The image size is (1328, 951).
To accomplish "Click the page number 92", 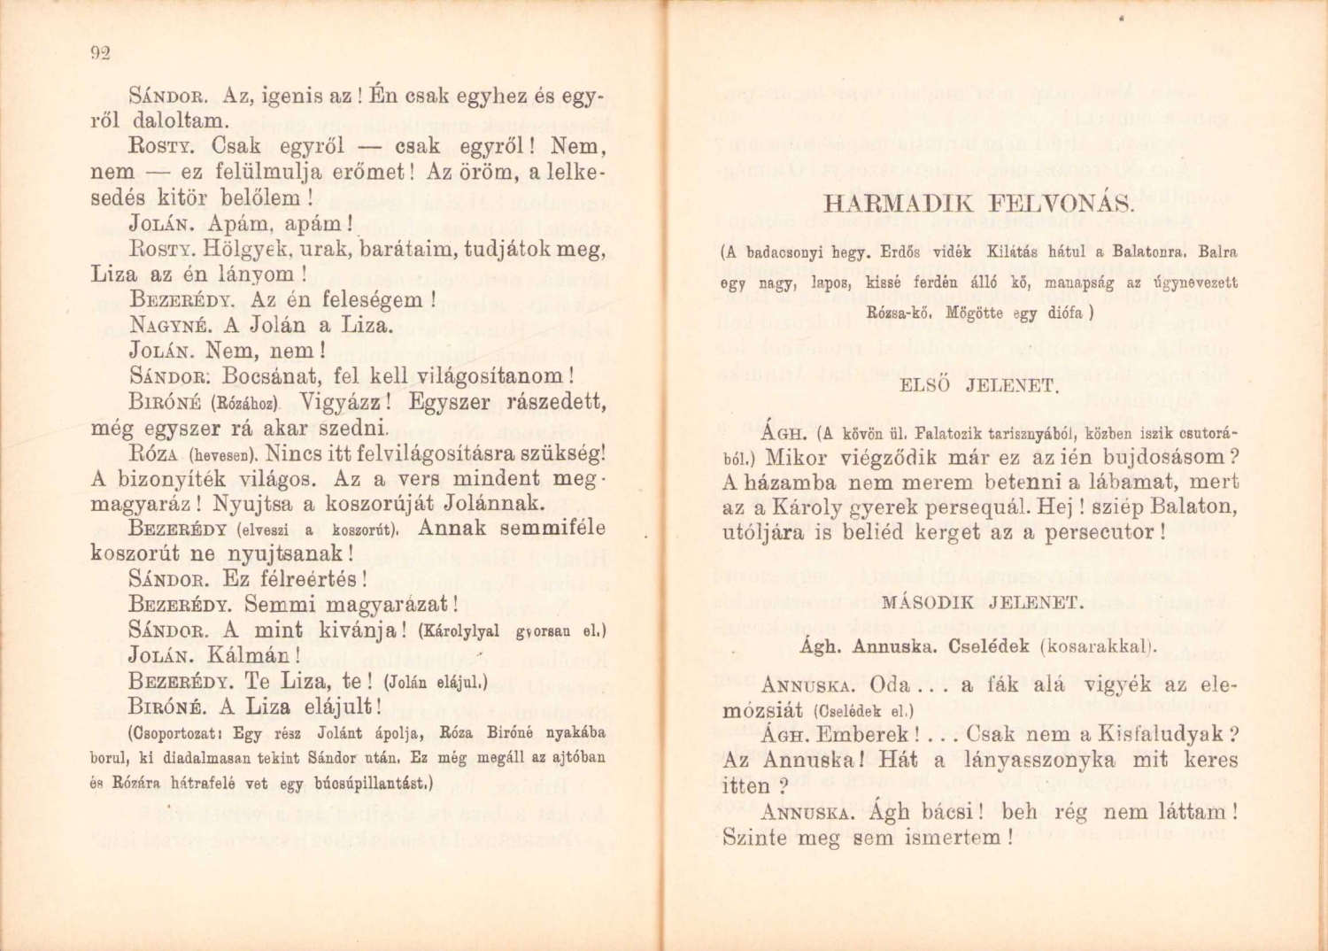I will click(99, 53).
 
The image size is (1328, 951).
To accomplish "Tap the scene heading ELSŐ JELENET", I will click(978, 386).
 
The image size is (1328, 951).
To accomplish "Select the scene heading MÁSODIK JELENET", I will click(983, 603).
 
